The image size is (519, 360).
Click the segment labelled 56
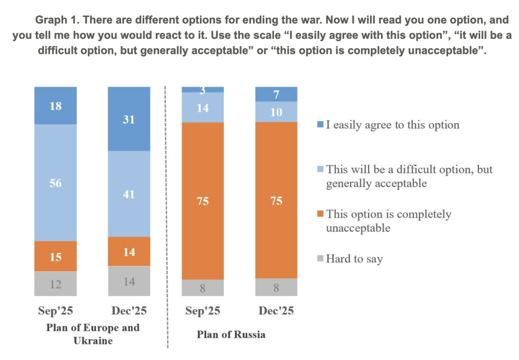[x=55, y=183]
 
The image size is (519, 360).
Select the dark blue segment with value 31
[x=129, y=119]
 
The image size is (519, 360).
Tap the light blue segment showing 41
[x=129, y=194]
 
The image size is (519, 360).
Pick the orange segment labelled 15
[x=55, y=257]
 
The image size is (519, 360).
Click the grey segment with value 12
[x=55, y=284]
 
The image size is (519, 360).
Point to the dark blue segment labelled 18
[x=55, y=106]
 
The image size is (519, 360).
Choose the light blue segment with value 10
[x=276, y=112]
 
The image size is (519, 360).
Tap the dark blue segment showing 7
[x=276, y=94]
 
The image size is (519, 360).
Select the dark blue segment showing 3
[x=202, y=89]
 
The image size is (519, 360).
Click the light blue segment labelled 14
[x=202, y=108]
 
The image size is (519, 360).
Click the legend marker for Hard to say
[x=321, y=259]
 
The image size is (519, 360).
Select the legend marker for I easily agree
[x=321, y=125]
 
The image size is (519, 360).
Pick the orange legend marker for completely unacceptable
[x=321, y=214]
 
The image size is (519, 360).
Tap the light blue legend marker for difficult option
[x=321, y=170]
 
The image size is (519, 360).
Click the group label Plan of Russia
[x=231, y=335]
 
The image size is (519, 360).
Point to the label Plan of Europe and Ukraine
[x=93, y=334]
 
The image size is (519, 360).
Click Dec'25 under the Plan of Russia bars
[x=276, y=311]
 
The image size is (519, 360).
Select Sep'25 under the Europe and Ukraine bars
[x=55, y=311]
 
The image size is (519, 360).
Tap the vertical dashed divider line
[x=166, y=216]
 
